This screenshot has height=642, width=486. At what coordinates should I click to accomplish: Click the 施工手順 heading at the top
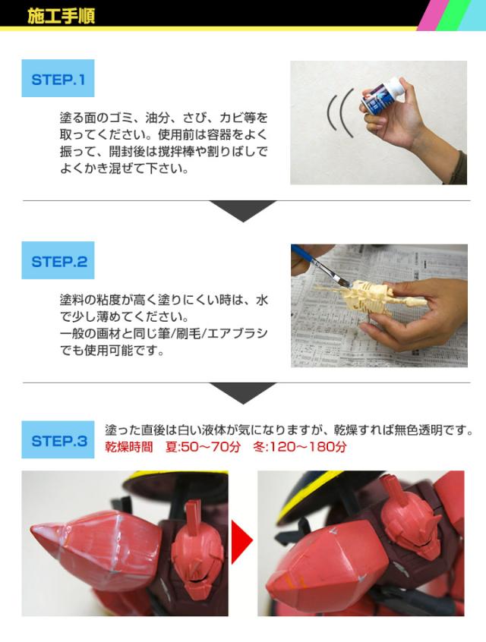[61, 16]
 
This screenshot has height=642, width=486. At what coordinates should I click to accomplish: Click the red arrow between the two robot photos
[241, 543]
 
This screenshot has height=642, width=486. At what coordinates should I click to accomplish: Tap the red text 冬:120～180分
[299, 447]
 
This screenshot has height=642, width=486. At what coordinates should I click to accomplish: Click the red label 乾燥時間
[128, 447]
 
